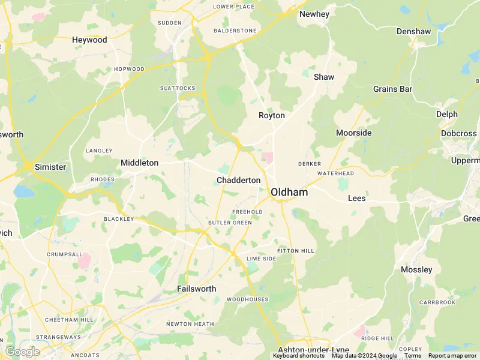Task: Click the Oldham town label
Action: [289, 192]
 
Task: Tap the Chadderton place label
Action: [239, 180]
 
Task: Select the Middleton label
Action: [139, 163]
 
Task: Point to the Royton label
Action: [272, 115]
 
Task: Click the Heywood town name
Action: [89, 40]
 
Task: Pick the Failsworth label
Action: [196, 289]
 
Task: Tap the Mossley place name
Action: [416, 269]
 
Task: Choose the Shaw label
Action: [324, 77]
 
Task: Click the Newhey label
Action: [314, 14]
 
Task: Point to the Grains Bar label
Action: [393, 89]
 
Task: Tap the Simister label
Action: [50, 167]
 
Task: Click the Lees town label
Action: [356, 198]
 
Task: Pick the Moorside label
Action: [354, 133]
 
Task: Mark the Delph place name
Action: [447, 114]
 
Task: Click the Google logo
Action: [22, 352]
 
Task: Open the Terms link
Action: [413, 356]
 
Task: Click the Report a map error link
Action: [452, 356]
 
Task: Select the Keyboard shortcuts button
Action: [299, 356]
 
